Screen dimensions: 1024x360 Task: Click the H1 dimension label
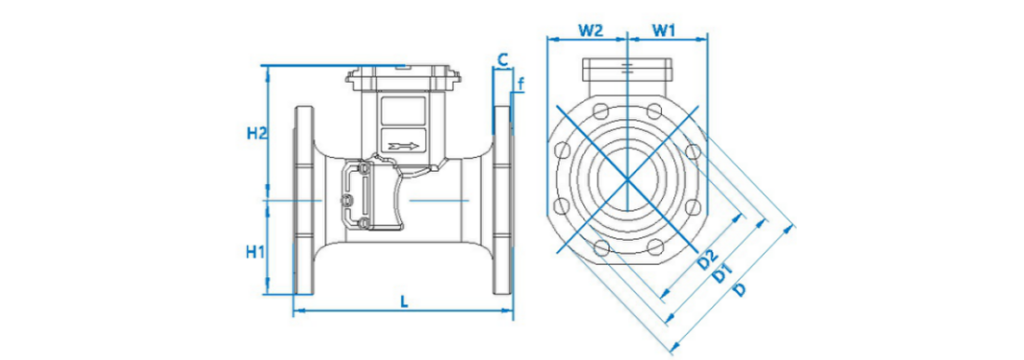(256, 252)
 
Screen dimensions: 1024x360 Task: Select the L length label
(404, 301)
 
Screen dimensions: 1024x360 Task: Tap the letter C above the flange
(502, 59)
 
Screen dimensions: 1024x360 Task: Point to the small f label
(521, 83)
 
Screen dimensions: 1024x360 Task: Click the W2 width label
(590, 30)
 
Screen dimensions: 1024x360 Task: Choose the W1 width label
(664, 30)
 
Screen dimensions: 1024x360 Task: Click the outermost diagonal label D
(739, 289)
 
